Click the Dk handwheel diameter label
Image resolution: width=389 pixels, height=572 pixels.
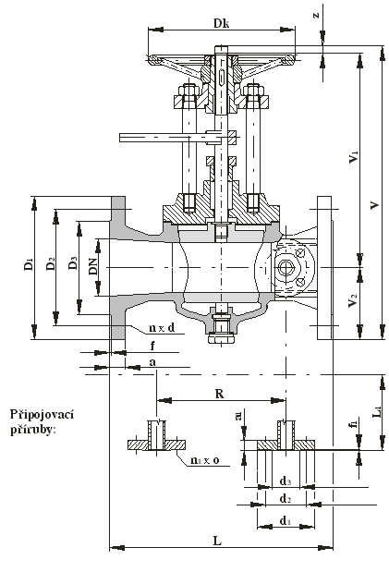[222, 23]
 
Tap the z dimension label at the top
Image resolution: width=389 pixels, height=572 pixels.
[316, 15]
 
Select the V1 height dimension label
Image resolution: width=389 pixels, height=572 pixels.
[354, 156]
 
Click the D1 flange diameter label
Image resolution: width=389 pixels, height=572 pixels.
[29, 264]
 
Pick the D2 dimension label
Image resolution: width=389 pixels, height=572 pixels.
[51, 264]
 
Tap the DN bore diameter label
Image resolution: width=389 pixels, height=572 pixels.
[93, 266]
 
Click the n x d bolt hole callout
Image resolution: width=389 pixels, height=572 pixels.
[162, 328]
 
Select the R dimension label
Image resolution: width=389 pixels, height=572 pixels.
[219, 394]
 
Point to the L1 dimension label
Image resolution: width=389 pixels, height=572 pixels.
[379, 411]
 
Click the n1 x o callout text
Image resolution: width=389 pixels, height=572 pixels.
[205, 460]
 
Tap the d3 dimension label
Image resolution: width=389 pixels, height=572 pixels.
[286, 481]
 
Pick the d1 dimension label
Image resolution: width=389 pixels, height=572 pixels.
[286, 520]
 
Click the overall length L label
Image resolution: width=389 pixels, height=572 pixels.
[217, 541]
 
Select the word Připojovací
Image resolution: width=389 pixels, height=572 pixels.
[42, 415]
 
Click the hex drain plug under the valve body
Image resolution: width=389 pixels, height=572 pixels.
[222, 339]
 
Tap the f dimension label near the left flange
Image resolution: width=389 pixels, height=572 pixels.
[152, 345]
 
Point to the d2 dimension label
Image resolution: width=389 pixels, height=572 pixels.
[286, 498]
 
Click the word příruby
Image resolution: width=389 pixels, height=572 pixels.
[33, 430]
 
